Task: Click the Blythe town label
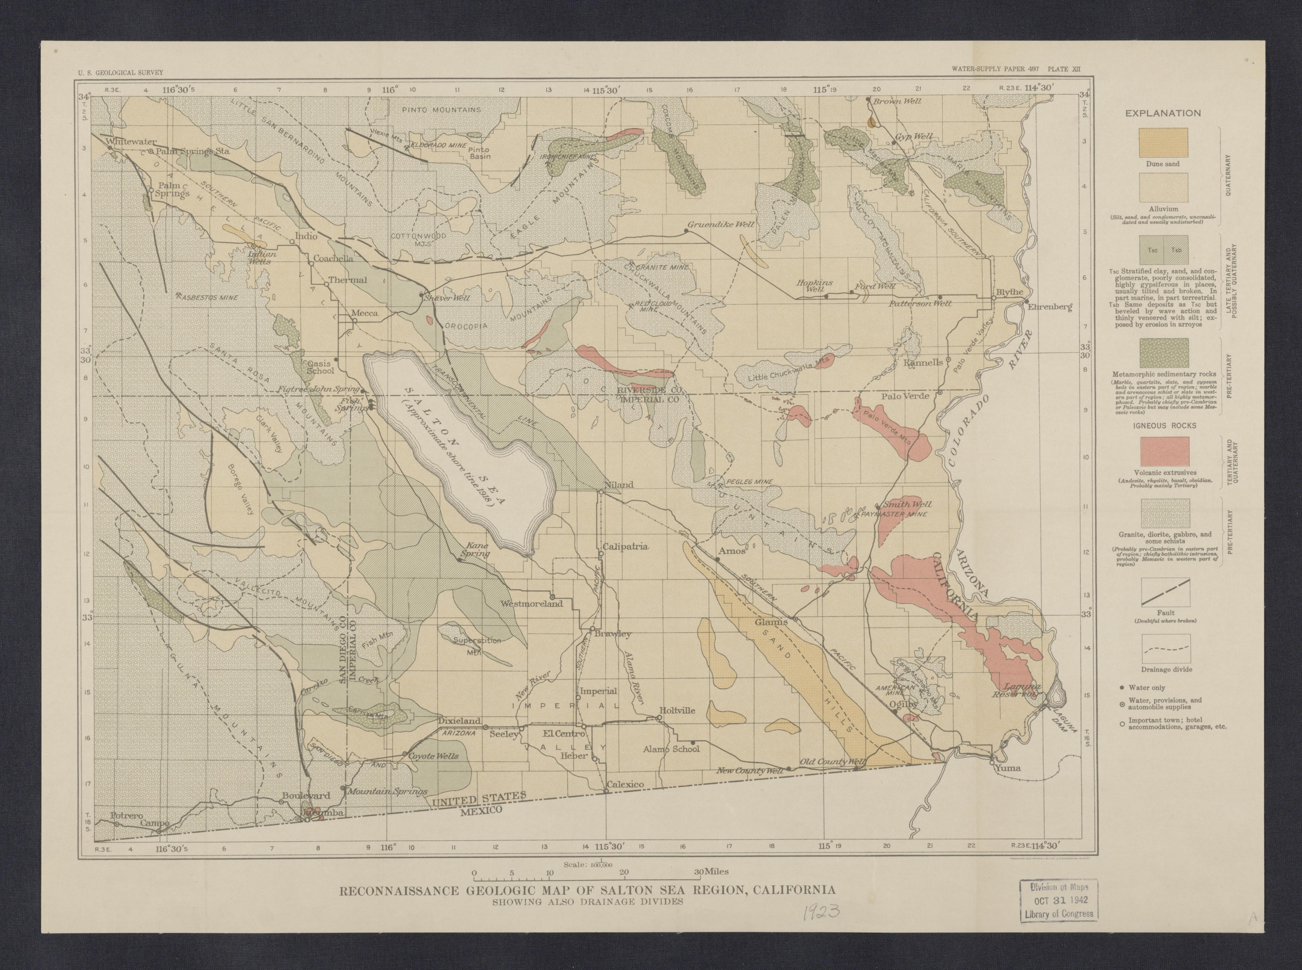click(1009, 292)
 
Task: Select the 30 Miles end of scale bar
click(711, 872)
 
